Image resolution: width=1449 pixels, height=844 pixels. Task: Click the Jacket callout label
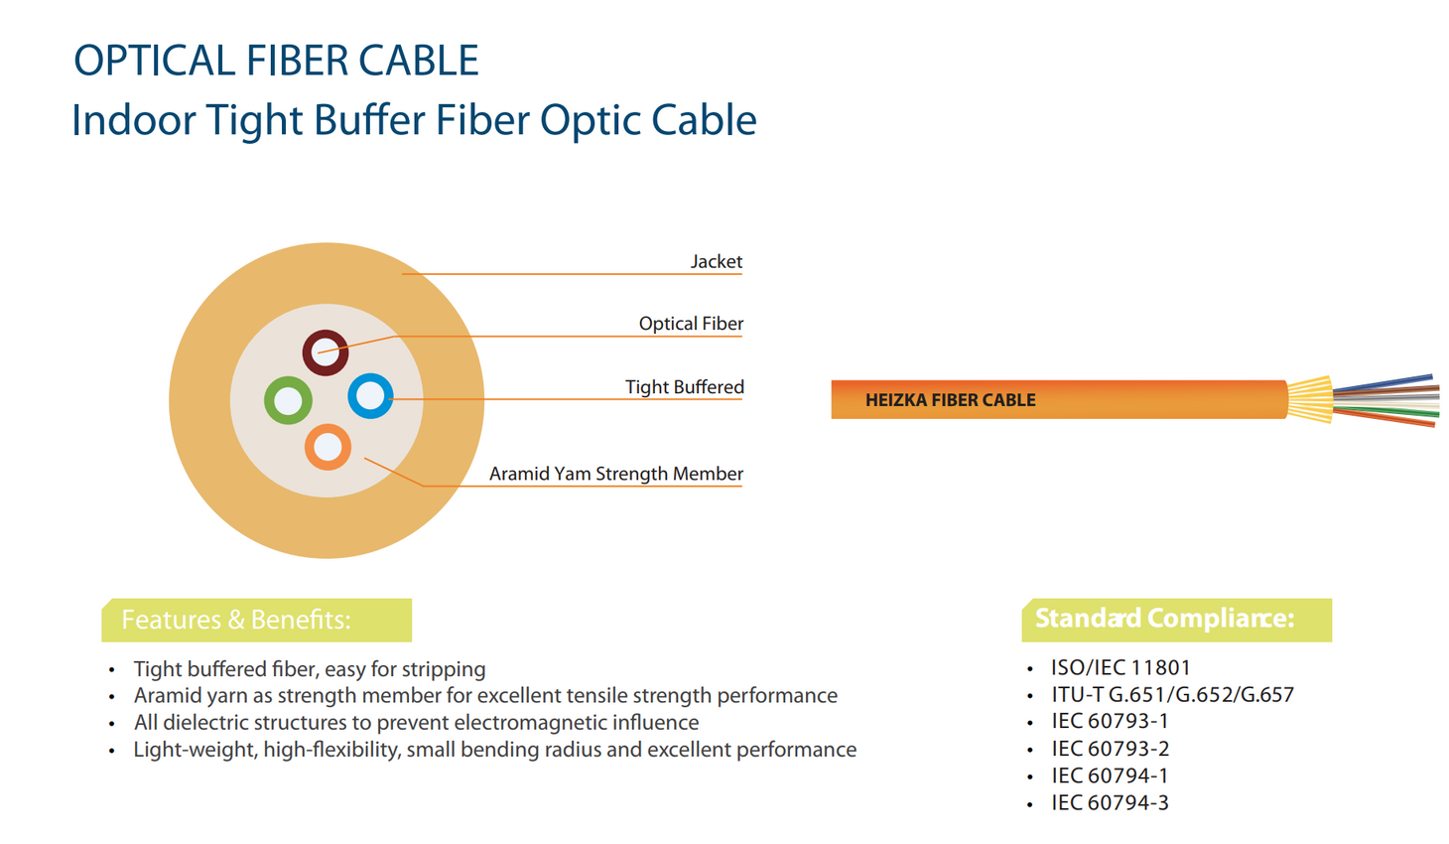click(x=717, y=261)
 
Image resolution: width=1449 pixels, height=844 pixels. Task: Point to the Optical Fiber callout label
click(x=691, y=324)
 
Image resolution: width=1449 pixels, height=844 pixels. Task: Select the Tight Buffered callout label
click(x=685, y=387)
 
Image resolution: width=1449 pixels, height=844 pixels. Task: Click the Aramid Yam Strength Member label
click(x=615, y=474)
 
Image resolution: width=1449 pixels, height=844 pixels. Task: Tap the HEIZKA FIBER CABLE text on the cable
click(x=950, y=400)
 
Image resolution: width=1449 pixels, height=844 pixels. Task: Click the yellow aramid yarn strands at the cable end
click(x=1311, y=399)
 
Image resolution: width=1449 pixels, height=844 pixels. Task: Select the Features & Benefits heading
click(x=236, y=620)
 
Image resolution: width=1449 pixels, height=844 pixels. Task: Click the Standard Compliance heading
click(x=1164, y=619)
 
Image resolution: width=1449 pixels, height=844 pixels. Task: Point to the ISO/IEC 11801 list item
click(x=1120, y=667)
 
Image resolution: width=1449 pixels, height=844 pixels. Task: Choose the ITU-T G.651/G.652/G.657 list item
click(x=1172, y=694)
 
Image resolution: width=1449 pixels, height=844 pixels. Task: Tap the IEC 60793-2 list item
click(x=1110, y=749)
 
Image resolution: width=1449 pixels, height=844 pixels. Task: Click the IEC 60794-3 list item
click(x=1110, y=802)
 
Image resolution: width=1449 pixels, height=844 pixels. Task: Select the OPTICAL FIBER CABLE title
click(x=276, y=61)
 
